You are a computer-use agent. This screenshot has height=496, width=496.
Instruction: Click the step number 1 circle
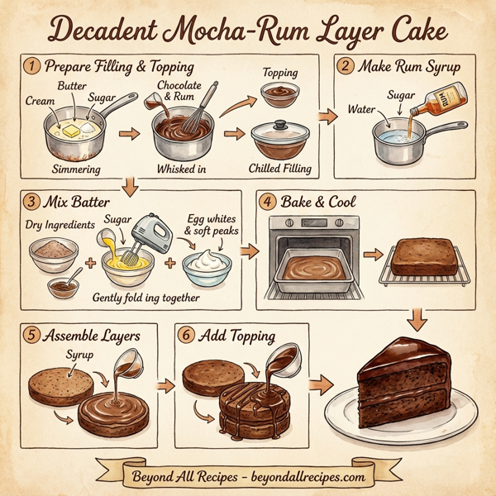click(32, 65)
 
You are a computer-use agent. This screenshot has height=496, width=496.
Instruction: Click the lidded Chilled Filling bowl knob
click(279, 124)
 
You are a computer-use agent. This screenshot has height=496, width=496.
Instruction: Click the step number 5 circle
click(31, 336)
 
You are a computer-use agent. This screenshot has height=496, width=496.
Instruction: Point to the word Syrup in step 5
click(80, 355)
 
